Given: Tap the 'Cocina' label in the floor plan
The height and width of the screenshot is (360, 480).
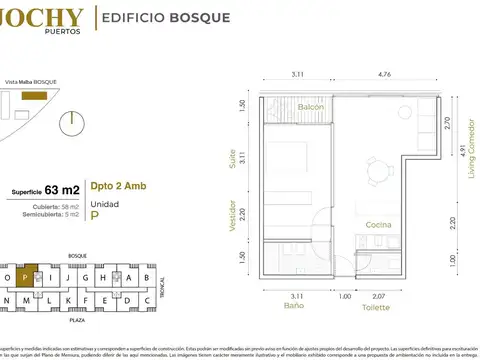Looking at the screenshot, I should click(377, 226).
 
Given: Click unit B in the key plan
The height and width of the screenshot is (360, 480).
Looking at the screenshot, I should click(147, 278).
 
